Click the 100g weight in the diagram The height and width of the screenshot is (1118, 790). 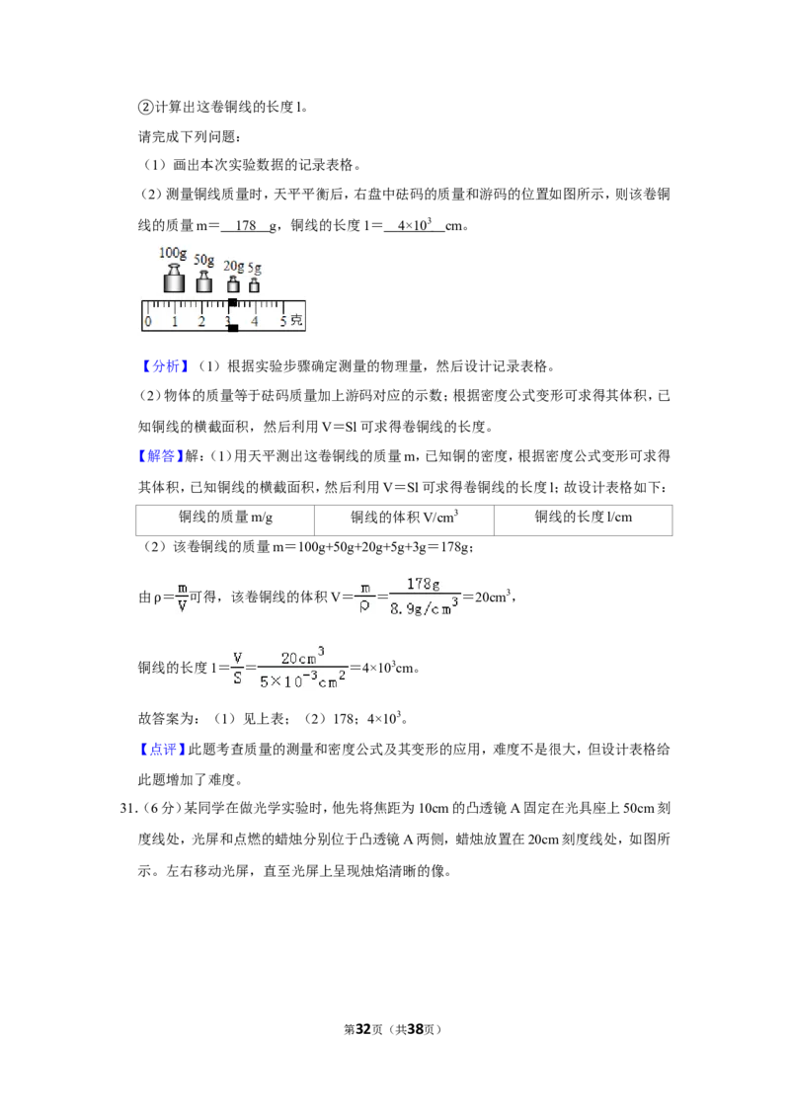[x=173, y=279]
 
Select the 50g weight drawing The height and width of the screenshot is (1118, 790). [x=203, y=280]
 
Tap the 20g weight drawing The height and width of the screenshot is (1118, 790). [x=232, y=283]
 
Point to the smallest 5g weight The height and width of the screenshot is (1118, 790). [x=254, y=284]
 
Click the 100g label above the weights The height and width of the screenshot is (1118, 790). [x=173, y=253]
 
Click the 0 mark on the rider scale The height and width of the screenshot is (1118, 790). [x=147, y=322]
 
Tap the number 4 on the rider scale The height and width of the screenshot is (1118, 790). [x=255, y=322]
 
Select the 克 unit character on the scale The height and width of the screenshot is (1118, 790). [x=296, y=321]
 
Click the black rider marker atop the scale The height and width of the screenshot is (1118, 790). [x=232, y=303]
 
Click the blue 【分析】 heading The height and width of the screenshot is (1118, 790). [x=165, y=366]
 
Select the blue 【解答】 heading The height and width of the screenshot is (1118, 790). [x=161, y=456]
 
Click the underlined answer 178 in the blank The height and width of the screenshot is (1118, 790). [x=245, y=226]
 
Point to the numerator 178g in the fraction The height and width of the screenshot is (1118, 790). [x=423, y=584]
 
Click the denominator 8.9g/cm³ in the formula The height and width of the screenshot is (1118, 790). [x=424, y=607]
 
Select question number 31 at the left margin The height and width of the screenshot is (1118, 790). [x=128, y=809]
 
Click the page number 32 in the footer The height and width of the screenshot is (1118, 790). [x=363, y=1029]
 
